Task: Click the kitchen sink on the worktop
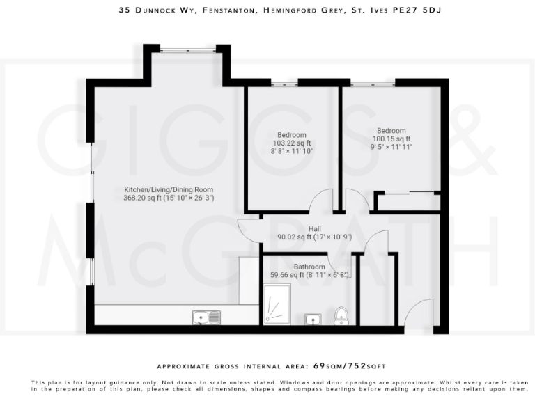pos(207,317)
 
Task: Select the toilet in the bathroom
pos(341,316)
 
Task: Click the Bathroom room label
pos(309,267)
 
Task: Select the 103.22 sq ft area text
pos(292,143)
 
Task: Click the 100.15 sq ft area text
pos(391,139)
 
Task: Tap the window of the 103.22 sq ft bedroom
pos(286,85)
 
